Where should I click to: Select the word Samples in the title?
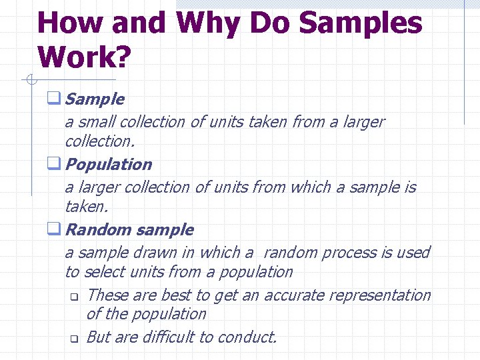click(360, 23)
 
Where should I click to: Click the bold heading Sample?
click(95, 99)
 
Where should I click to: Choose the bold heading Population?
click(109, 164)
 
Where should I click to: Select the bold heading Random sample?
click(130, 229)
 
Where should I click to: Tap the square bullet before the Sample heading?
click(53, 99)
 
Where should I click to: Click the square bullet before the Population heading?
click(53, 164)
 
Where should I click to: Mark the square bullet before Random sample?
click(53, 229)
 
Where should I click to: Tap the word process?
click(349, 253)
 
